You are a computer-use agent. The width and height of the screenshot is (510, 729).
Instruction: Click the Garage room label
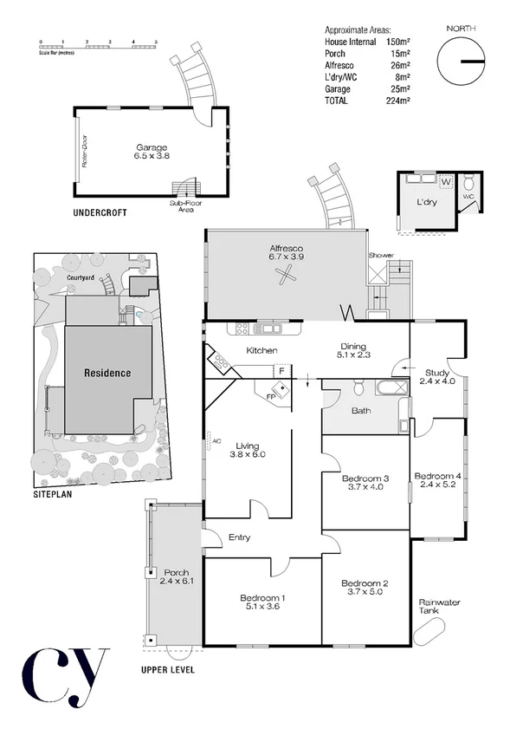point(151,147)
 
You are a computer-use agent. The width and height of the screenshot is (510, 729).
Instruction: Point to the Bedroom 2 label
point(363,583)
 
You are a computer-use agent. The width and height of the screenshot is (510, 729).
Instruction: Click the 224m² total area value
point(397,101)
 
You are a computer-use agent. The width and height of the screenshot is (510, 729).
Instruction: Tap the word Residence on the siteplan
point(107,374)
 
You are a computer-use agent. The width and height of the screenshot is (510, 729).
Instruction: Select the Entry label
point(240,537)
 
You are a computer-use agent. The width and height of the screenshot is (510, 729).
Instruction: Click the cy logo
point(65,676)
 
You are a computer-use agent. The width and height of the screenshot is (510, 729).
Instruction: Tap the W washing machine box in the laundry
point(445,182)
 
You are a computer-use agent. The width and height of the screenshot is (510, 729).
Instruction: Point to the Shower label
point(381,256)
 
